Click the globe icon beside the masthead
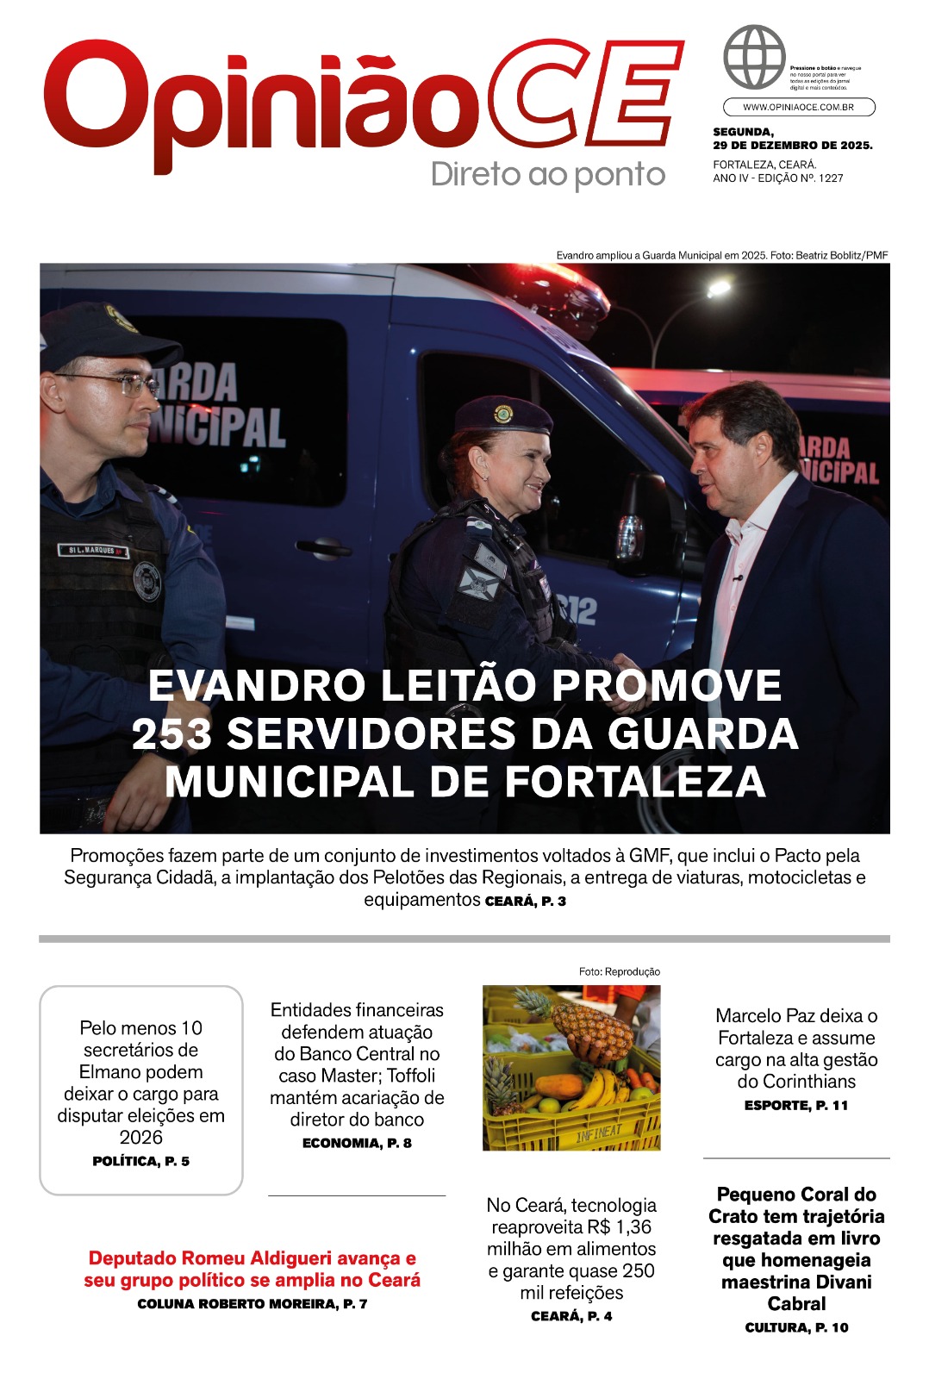click(x=754, y=57)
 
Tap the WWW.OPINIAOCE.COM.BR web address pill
click(x=798, y=107)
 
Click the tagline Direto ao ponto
click(x=548, y=174)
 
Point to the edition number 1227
click(x=831, y=178)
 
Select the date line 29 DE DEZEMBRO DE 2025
click(x=792, y=146)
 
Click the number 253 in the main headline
click(x=171, y=734)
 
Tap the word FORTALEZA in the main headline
click(x=635, y=783)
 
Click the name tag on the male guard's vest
click(x=92, y=550)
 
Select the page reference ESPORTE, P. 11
click(x=796, y=1106)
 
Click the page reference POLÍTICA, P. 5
click(x=140, y=1162)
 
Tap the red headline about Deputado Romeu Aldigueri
click(x=252, y=1269)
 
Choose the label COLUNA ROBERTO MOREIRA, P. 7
click(x=252, y=1304)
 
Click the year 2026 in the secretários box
click(x=140, y=1138)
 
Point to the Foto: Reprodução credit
click(x=619, y=971)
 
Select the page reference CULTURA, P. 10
click(x=796, y=1328)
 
